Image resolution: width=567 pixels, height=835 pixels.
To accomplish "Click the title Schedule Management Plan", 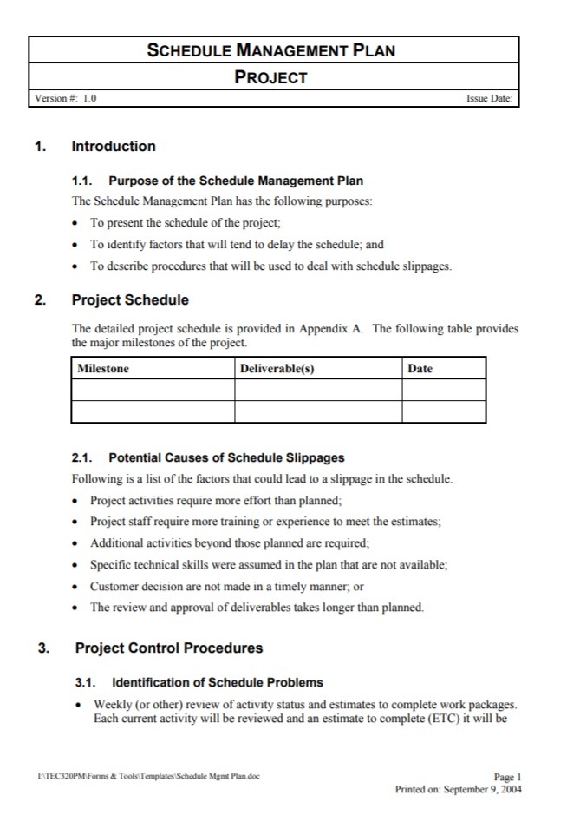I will coord(271,50).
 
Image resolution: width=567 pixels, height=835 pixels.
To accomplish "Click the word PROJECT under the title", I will coord(271,77).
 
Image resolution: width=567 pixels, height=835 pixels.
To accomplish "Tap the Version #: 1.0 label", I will coord(65,99).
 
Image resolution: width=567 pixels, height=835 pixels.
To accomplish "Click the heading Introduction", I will coord(114,147).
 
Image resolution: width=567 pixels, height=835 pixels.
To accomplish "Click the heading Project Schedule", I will coord(130,300).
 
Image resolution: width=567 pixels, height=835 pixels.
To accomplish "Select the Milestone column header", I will coord(103,369).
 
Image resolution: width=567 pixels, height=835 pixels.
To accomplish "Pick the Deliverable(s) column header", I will coord(277,369).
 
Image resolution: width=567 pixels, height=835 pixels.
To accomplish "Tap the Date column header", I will coord(420,369).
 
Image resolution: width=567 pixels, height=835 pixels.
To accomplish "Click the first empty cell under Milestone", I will coord(153,391).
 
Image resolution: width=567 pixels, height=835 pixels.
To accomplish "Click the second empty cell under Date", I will coord(443,411).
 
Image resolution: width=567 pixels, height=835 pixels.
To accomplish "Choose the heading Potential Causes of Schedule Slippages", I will coord(226,457).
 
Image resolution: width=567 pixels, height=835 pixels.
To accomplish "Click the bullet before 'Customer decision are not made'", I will coord(78,587).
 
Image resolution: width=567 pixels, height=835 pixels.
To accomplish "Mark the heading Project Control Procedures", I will coord(169,648).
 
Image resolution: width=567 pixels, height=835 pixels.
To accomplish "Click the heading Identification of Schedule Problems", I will coord(218,683).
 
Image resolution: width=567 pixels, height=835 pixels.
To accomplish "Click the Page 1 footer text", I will coord(507,778).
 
